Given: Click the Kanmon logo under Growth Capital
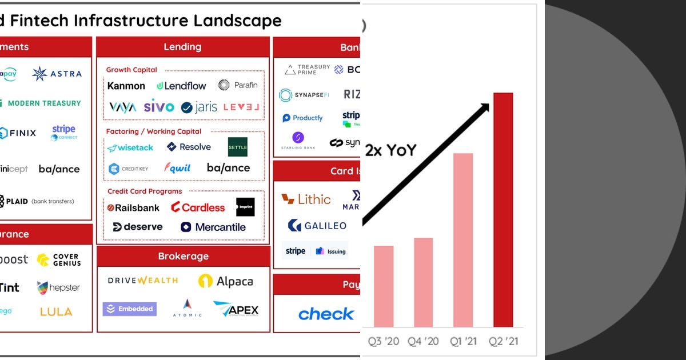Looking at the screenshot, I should (x=126, y=86).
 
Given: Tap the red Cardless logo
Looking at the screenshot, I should (x=198, y=207).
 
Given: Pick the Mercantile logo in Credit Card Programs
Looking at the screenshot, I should (x=213, y=227).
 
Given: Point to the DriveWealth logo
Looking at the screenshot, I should (x=143, y=281).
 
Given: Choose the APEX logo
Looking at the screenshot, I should (x=236, y=310).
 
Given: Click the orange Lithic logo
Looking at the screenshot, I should (x=306, y=199).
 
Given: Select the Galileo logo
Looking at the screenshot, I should (x=317, y=226).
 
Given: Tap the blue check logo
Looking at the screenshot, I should (x=326, y=314).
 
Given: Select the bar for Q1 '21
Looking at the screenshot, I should (x=463, y=240).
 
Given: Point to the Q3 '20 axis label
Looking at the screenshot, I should (x=384, y=341).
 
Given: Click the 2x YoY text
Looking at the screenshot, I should (x=391, y=150).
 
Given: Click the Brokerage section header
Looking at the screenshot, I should (x=183, y=256).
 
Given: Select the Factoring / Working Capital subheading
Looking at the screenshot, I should (x=154, y=131).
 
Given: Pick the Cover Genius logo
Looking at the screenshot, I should (x=58, y=260).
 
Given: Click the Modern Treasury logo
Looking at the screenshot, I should (x=44, y=103).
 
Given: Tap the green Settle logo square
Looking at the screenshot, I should (x=237, y=147).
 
